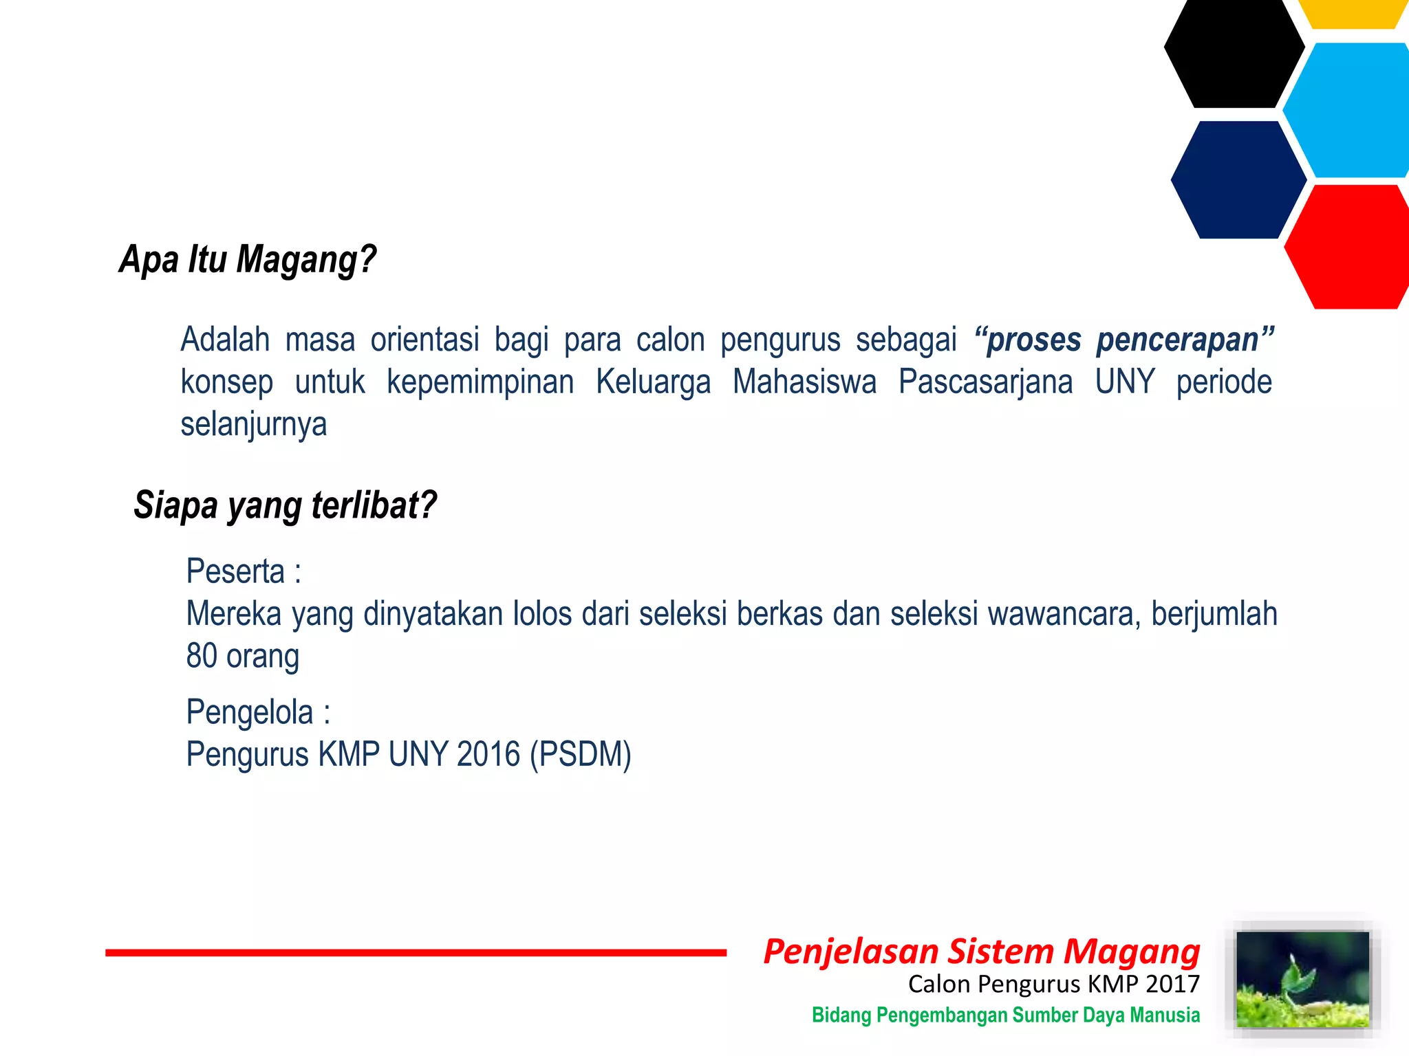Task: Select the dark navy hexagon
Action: tap(1238, 180)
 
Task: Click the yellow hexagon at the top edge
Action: tap(1353, 12)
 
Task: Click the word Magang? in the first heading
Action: tap(306, 260)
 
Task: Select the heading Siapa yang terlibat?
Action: tap(285, 506)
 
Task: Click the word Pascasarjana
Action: tap(985, 382)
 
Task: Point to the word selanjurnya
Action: tap(253, 425)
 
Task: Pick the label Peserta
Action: tap(235, 571)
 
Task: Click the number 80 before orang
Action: tap(202, 656)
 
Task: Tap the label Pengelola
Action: tap(250, 712)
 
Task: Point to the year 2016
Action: tap(488, 755)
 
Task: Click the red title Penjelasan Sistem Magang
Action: tap(981, 952)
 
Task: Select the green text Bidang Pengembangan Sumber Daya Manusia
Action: tap(1005, 1015)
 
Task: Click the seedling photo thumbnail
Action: tap(1302, 980)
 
